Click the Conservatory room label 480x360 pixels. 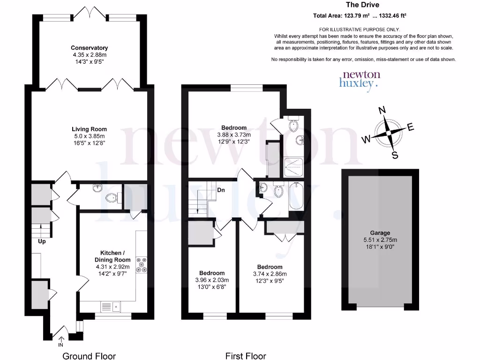pos(89,48)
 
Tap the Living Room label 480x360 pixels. pos(89,129)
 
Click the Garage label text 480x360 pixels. pos(378,232)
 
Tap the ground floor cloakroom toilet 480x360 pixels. pos(112,198)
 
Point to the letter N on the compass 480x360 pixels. pos(382,110)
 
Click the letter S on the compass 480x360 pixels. pos(395,155)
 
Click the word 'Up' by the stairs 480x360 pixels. pos(42,242)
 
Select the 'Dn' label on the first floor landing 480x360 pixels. pos(221,190)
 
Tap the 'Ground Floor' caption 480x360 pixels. pos(89,356)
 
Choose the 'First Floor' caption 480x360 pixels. pos(246,356)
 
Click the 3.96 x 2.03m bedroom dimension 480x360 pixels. pos(212,280)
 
